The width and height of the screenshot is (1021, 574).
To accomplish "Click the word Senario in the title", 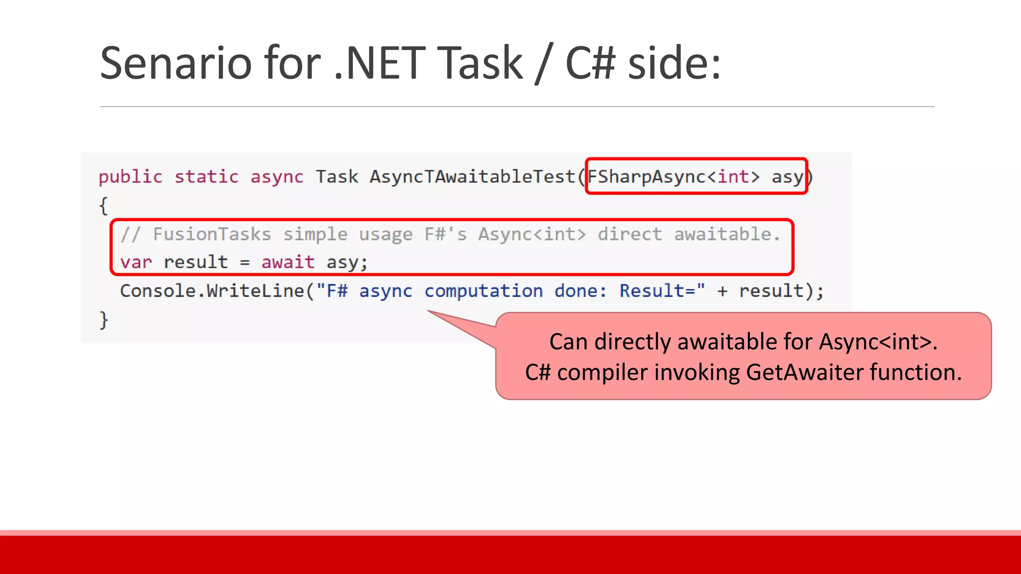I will pos(176,63).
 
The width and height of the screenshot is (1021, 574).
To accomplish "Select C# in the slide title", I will pos(590,63).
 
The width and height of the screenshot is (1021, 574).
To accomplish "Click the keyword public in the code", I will pos(130,177).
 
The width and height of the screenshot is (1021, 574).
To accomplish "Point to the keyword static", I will pos(206,177).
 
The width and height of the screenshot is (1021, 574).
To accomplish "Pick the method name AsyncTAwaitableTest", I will pos(472,177).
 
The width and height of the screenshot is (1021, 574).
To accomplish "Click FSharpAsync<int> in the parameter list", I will pos(674,177).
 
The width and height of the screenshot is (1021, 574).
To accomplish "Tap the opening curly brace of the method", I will pos(103,205).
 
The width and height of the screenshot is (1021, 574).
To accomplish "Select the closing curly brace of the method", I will pos(103,319).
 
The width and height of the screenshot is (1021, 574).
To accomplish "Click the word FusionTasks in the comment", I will pos(212,234).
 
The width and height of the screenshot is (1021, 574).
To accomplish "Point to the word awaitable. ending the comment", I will pos(727,234).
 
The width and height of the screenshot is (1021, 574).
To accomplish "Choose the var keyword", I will pos(136,263).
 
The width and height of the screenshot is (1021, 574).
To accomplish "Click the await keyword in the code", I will pos(288,263).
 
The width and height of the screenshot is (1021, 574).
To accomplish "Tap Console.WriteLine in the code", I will pos(212,291).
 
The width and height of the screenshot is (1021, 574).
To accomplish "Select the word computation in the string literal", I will pos(483,291).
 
